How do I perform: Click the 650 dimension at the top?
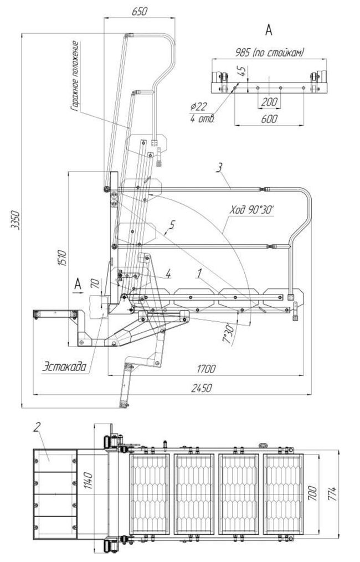[x=139, y=12]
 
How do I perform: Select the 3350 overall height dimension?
[x=16, y=220]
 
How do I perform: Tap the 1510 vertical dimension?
[x=63, y=257]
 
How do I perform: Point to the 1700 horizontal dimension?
[x=206, y=368]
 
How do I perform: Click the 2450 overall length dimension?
[x=202, y=388]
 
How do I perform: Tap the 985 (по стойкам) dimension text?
[x=270, y=53]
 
